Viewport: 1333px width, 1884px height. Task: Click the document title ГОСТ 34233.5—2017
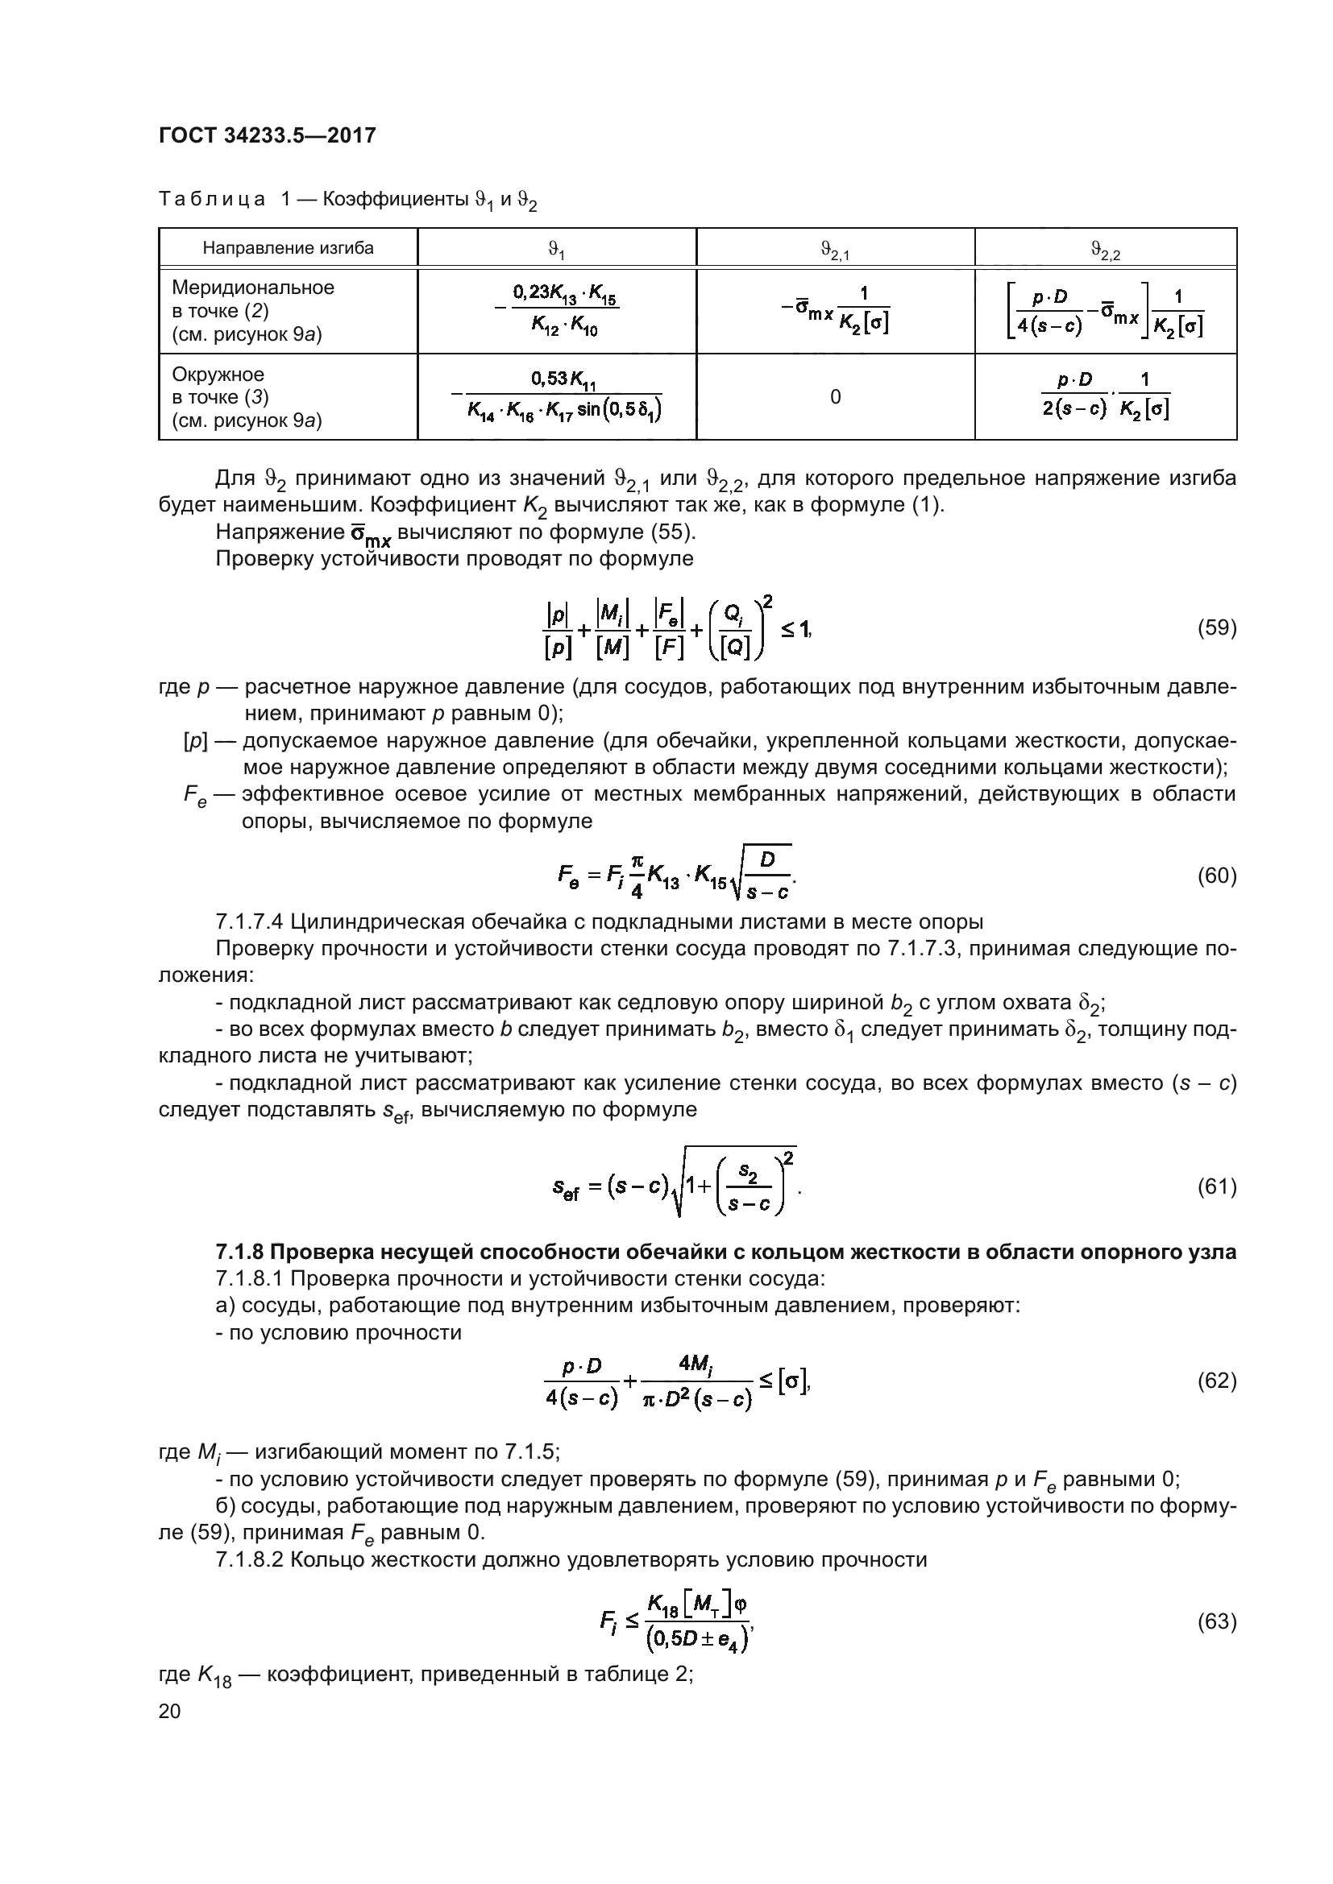[x=267, y=135]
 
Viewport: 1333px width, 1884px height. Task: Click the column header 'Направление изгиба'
[x=288, y=248]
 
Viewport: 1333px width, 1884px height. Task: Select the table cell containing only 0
[x=835, y=397]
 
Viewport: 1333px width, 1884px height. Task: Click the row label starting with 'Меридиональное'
[x=253, y=288]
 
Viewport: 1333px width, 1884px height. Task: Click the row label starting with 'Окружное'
[x=218, y=375]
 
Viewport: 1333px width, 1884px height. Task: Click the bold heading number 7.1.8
[x=239, y=1253]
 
